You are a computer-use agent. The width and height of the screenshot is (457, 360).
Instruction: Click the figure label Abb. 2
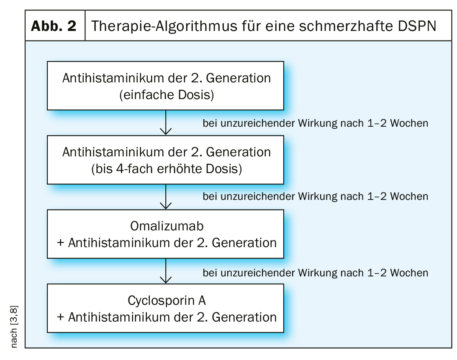coord(54,26)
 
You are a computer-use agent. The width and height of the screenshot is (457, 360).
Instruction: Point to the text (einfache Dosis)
coord(167,95)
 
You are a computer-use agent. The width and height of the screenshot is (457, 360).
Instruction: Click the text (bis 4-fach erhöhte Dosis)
coord(167,169)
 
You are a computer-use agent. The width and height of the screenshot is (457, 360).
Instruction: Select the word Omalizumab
coord(167,226)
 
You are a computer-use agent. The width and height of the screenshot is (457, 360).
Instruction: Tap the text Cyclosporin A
coord(167,301)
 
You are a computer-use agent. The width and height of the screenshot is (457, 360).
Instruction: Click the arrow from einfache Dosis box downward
coord(166,123)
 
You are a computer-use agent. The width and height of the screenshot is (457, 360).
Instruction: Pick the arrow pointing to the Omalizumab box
coord(166,197)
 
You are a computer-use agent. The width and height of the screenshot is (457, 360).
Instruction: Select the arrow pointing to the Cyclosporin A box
coord(166,271)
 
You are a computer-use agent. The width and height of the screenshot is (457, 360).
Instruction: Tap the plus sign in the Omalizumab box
coord(61,243)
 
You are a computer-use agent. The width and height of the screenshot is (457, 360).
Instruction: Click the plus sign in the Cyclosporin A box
coord(61,317)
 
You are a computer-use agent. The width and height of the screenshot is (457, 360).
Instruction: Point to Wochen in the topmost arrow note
coord(409,123)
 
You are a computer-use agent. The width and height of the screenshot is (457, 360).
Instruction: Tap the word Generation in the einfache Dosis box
coord(239,78)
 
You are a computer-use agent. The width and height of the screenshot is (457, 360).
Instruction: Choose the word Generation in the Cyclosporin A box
coord(244,317)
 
